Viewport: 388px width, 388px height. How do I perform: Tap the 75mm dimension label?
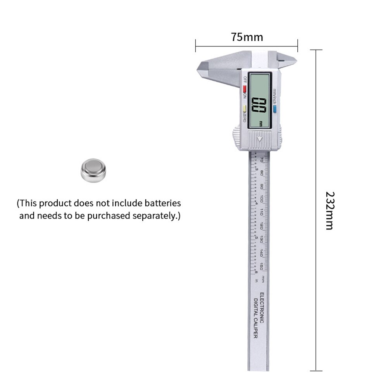click(247, 37)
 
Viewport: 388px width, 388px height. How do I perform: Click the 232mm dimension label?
click(329, 210)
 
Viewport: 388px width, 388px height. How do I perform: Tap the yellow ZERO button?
click(245, 109)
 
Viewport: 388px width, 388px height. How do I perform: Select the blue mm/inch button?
click(274, 109)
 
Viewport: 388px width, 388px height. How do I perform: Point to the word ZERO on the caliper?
click(245, 117)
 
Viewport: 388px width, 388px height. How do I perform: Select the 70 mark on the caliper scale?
click(262, 159)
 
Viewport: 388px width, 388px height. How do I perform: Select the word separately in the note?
click(154, 216)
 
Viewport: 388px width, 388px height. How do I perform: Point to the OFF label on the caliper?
click(245, 80)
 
